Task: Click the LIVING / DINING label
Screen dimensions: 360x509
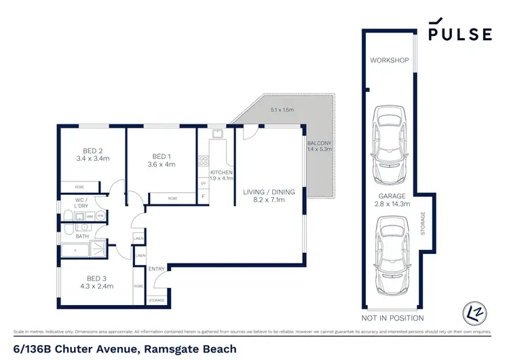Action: pos(269,196)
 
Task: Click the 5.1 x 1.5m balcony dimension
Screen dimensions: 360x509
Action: pos(282,109)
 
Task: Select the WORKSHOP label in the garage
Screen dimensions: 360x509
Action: pos(389,60)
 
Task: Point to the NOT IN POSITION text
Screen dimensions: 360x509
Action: pos(393,318)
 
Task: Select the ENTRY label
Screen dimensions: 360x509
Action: pos(157,269)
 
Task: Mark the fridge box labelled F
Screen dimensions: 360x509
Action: pos(204,197)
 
